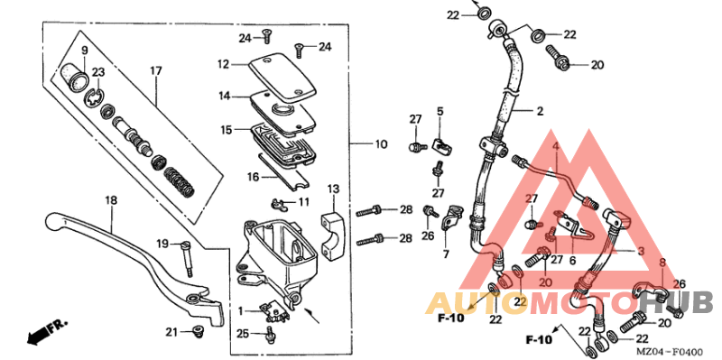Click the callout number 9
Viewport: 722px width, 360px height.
coord(85,50)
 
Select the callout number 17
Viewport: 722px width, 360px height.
coord(155,70)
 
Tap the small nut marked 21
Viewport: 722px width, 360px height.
coord(196,333)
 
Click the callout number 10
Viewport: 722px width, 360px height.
coord(382,143)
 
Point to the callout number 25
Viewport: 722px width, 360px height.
coord(241,334)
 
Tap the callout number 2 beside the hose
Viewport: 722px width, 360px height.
coord(540,112)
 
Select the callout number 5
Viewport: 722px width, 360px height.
coord(441,111)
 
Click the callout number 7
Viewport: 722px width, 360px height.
coord(445,254)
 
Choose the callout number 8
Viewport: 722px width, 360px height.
coord(662,262)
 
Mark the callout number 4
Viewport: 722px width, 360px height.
coord(556,145)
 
